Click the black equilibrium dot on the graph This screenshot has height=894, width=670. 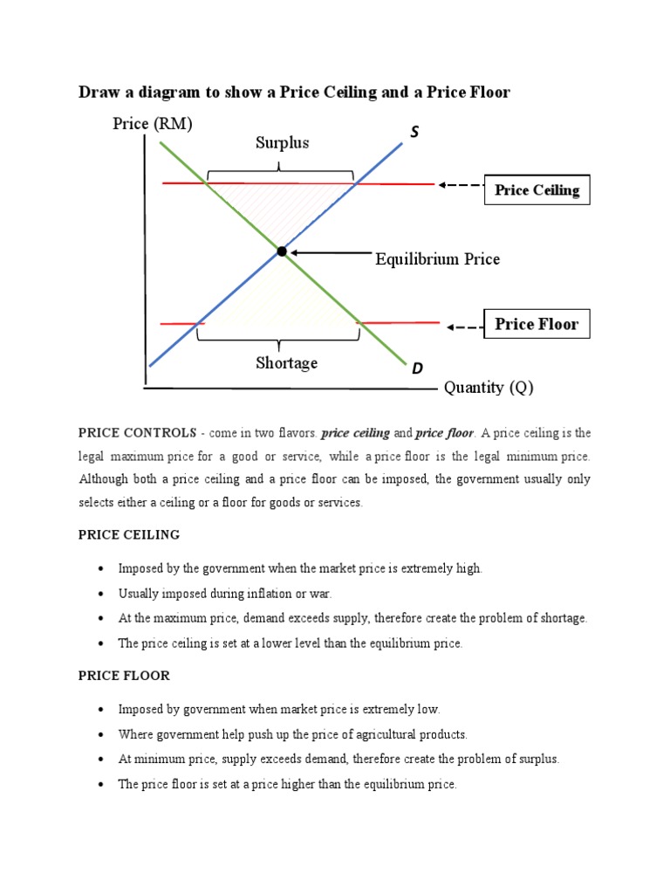tap(282, 251)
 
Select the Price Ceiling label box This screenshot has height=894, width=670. tap(537, 189)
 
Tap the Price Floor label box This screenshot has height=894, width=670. tap(537, 324)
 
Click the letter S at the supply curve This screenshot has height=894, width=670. tap(414, 132)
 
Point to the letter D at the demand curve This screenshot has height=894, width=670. tap(418, 369)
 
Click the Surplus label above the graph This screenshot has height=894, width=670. tap(282, 142)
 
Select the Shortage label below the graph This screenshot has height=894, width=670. tap(286, 363)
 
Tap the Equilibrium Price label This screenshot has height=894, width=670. tap(437, 259)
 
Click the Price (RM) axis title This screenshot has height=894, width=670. tap(153, 124)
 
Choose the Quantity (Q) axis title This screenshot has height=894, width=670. tap(489, 388)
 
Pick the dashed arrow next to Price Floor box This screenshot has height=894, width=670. tap(464, 327)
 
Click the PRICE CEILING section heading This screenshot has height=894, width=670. tap(129, 534)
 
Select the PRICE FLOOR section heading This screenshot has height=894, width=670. tap(124, 676)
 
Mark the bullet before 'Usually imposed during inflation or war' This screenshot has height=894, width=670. tap(101, 594)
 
